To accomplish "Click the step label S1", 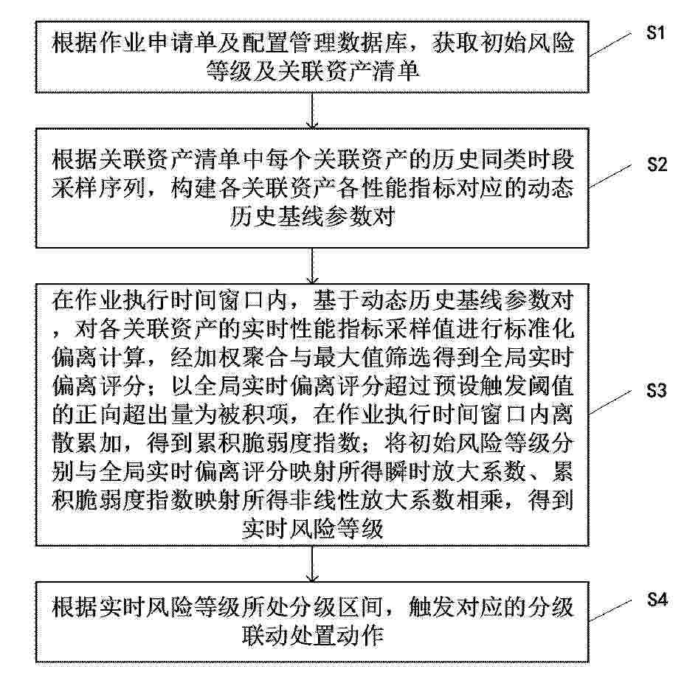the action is tap(655, 33).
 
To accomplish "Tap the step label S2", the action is tap(657, 164).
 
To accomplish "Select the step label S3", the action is tap(656, 390).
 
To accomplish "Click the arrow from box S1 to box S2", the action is tap(312, 111).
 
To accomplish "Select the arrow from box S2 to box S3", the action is tap(312, 266).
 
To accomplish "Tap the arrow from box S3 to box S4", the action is tap(312, 564).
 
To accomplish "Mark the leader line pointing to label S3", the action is tap(610, 403).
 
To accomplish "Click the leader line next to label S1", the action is tap(610, 45).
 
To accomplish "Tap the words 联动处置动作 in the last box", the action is tap(313, 636).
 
